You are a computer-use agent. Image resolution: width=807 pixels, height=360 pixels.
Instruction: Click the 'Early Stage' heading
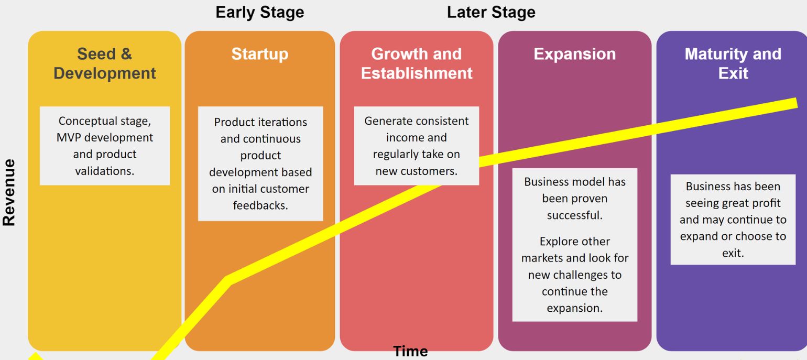[x=259, y=13]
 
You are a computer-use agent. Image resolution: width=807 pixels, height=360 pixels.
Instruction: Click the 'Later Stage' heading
[x=491, y=13]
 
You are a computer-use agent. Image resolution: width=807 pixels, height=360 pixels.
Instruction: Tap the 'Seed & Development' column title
[x=105, y=63]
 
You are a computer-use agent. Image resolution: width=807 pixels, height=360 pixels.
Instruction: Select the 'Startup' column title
[x=259, y=54]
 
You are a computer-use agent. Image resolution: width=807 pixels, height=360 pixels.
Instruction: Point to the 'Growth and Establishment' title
[x=417, y=63]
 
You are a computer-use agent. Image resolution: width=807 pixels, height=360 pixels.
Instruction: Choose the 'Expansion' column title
[x=574, y=54]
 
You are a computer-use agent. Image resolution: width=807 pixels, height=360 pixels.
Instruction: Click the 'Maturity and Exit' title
[x=733, y=63]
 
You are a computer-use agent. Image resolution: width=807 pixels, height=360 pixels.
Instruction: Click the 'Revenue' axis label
[x=9, y=192]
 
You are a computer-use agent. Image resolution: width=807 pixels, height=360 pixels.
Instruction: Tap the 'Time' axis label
[x=410, y=351]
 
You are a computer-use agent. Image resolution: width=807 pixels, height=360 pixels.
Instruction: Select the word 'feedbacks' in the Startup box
[x=260, y=205]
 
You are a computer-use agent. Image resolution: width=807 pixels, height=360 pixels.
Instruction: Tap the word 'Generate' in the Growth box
[x=388, y=121]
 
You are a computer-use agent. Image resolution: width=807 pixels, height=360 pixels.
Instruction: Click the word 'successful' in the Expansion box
[x=574, y=215]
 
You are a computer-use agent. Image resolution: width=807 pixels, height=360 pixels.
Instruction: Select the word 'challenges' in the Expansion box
[x=595, y=275]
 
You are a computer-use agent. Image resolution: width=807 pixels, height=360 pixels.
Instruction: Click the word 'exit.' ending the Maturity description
[x=733, y=253]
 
